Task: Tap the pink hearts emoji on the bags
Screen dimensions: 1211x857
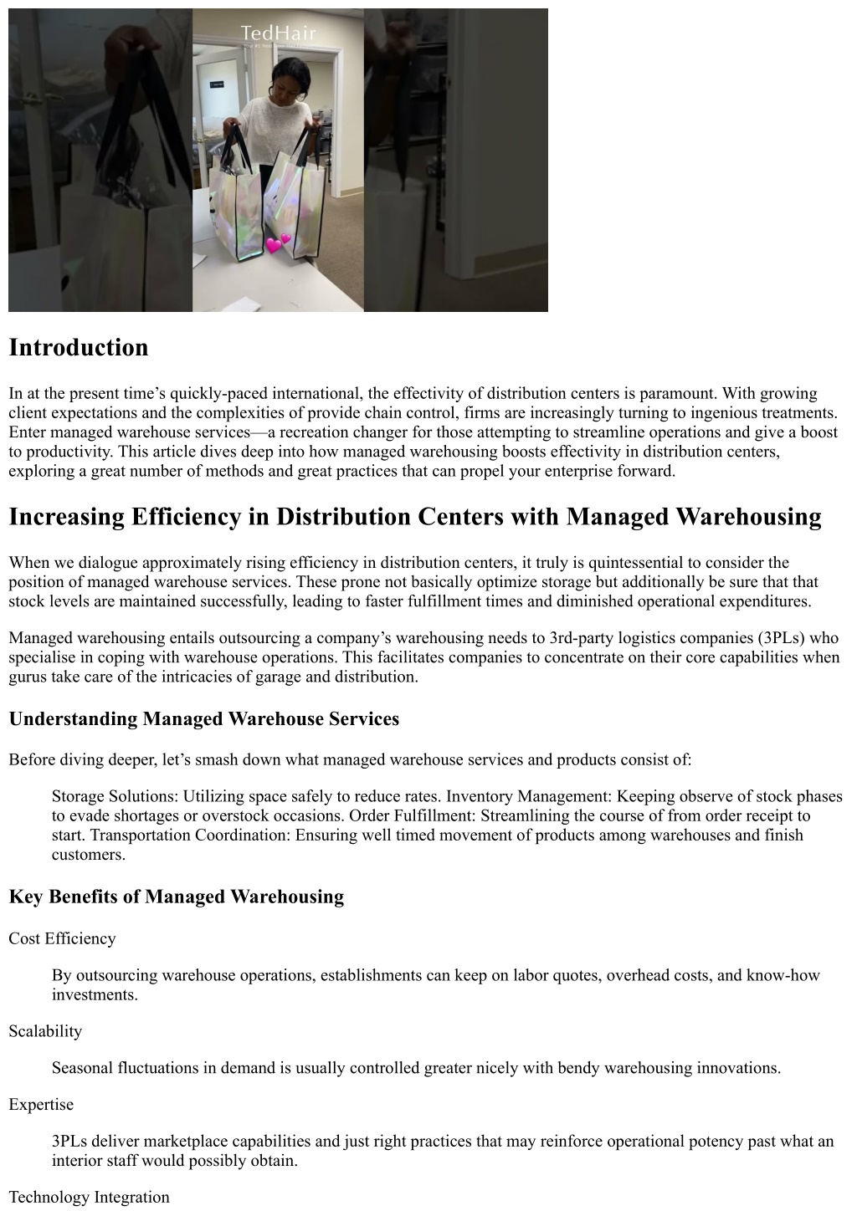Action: click(x=279, y=243)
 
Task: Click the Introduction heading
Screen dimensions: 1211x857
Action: click(x=79, y=348)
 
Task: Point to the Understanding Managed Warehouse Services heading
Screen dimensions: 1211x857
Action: click(x=204, y=718)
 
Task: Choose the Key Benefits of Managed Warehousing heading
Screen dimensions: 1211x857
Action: click(x=177, y=897)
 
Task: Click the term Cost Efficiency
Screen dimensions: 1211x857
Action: click(x=63, y=938)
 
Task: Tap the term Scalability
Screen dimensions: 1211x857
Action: click(x=45, y=1031)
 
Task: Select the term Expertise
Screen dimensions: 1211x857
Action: click(x=41, y=1105)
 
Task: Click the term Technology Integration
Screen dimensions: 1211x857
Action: click(x=90, y=1198)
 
